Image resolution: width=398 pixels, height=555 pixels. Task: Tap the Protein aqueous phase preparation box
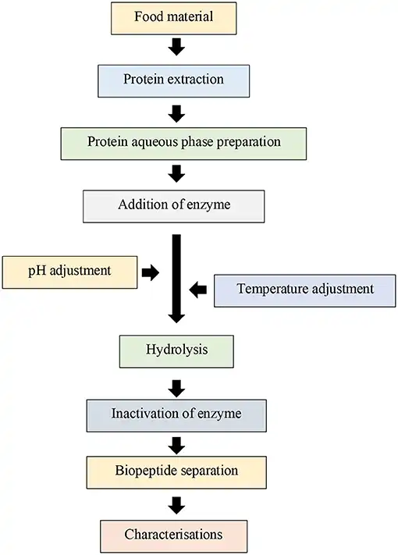(x=182, y=143)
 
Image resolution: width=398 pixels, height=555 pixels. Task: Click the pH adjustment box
(x=70, y=272)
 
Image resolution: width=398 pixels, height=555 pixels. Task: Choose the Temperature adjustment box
(x=305, y=290)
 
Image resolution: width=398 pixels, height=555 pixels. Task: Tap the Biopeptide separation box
(x=176, y=471)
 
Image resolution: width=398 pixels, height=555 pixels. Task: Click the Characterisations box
(x=173, y=535)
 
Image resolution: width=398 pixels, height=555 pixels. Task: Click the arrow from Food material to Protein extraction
(x=176, y=48)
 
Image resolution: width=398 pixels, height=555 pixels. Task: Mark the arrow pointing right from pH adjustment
(x=151, y=272)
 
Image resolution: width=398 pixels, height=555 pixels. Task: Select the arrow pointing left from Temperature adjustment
(x=199, y=290)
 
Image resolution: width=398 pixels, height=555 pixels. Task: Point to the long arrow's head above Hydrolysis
(x=176, y=316)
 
